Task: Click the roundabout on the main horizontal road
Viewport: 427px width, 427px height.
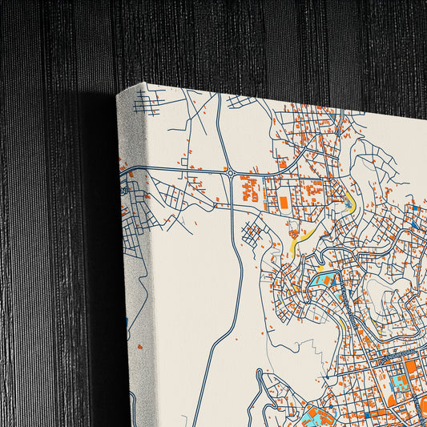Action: (x=231, y=172)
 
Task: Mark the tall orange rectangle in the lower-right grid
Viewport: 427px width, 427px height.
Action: (x=410, y=371)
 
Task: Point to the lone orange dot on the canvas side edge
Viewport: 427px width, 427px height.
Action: (x=139, y=347)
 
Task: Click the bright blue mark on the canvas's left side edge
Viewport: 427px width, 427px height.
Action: (x=127, y=323)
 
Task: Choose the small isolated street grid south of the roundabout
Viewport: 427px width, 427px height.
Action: (x=254, y=235)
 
